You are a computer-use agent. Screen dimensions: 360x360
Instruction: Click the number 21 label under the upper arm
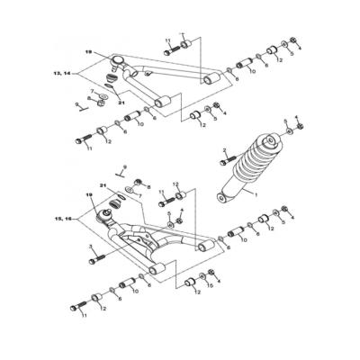click(x=121, y=103)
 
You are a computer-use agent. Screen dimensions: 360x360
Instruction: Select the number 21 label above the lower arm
click(x=103, y=186)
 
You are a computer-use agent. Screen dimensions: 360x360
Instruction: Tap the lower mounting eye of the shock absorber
click(x=225, y=195)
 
